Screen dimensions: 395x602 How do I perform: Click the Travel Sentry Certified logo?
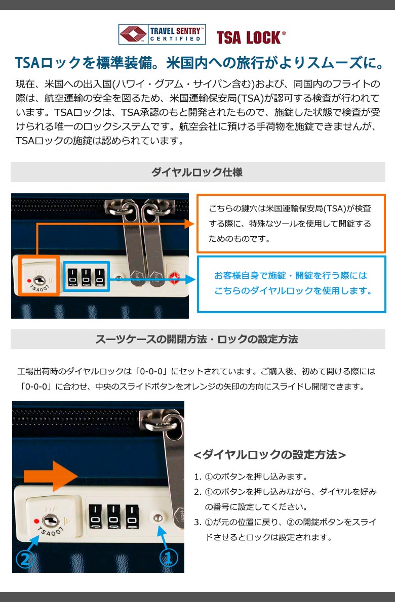pyautogui.click(x=162, y=34)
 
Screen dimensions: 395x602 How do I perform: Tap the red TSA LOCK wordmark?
pyautogui.click(x=251, y=37)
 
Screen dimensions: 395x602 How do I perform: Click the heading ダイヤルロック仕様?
pyautogui.click(x=196, y=172)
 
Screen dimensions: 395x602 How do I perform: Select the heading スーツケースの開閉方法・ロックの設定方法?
pyautogui.click(x=196, y=339)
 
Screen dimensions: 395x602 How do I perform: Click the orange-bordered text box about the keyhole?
pyautogui.click(x=291, y=224)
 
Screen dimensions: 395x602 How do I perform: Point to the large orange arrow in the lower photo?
pyautogui.click(x=51, y=476)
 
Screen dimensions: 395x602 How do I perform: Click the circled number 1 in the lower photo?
pyautogui.click(x=169, y=557)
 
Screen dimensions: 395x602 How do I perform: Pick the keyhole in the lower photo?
pyautogui.click(x=50, y=521)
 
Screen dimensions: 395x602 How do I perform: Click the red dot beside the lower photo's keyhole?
pyautogui.click(x=36, y=521)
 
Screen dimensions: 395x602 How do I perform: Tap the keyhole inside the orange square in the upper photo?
pyautogui.click(x=39, y=280)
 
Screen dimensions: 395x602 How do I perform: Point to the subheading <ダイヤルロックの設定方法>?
pyautogui.click(x=270, y=455)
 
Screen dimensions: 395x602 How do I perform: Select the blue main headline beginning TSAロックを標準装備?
pyautogui.click(x=200, y=63)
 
